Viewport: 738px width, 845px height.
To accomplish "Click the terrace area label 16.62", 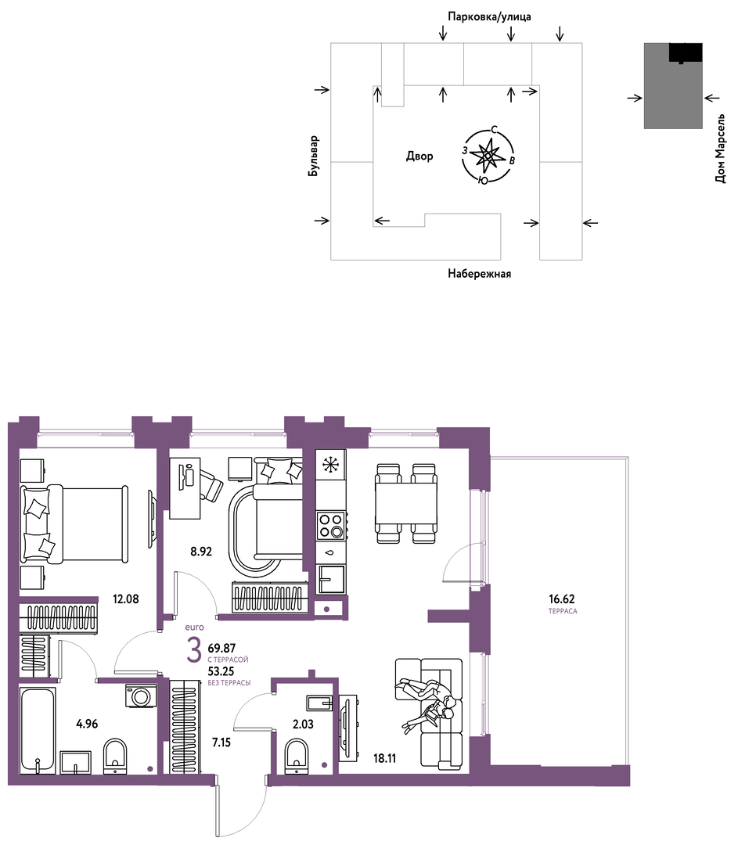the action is tap(562, 599).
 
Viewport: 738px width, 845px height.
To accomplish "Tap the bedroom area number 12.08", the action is tap(125, 599).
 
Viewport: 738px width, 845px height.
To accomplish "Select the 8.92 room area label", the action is tap(200, 552).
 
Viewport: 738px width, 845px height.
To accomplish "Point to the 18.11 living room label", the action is tap(385, 758).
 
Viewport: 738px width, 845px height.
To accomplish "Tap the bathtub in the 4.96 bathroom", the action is tap(38, 730).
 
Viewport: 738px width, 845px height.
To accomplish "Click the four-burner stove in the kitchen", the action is tap(331, 525).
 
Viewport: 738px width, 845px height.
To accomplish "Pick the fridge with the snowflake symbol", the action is tap(331, 464).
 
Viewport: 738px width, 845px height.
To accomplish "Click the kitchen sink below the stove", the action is tap(331, 579).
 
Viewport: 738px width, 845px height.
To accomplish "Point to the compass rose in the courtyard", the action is tap(488, 156).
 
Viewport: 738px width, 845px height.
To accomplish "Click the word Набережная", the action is tap(479, 274).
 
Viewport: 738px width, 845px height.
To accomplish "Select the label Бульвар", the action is tap(314, 156).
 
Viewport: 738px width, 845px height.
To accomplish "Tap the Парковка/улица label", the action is tap(489, 16).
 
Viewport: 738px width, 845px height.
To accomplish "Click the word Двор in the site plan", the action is tap(419, 156).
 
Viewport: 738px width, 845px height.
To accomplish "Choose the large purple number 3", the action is tap(193, 650).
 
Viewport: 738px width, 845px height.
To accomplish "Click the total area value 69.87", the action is tap(221, 649).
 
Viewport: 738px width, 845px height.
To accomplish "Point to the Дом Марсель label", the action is tap(720, 149).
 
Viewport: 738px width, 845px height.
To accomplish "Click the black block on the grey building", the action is tap(686, 53).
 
